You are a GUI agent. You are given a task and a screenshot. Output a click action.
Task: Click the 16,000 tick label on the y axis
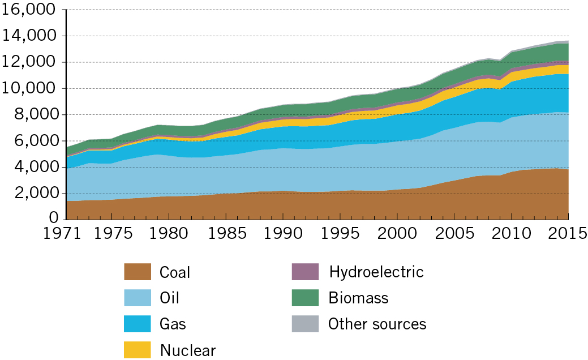(x=29, y=10)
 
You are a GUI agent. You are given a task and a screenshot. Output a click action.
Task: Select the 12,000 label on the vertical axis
(x=29, y=62)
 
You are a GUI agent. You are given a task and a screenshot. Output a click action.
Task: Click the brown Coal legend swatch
(x=138, y=272)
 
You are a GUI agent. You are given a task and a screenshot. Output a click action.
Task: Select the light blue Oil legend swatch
(x=138, y=298)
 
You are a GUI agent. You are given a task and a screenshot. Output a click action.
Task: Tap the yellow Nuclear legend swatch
(x=138, y=350)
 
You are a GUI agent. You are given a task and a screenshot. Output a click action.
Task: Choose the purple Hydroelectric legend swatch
(x=306, y=272)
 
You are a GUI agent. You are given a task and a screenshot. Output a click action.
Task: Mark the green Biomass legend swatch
(x=306, y=298)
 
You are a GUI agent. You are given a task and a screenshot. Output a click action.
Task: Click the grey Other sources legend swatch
(x=306, y=324)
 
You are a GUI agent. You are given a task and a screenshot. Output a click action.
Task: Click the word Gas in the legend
(x=173, y=324)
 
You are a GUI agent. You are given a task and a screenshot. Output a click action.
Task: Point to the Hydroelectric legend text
(x=376, y=272)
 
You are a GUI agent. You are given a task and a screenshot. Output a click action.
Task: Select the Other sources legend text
(x=377, y=324)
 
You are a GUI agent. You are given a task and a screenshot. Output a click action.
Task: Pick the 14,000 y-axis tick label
(x=29, y=36)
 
